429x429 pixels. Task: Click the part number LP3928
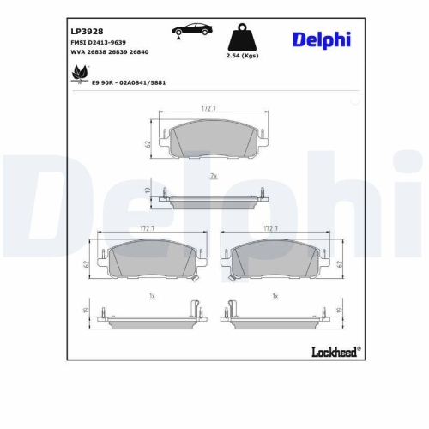coord(88,30)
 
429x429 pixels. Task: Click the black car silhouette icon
coord(194,29)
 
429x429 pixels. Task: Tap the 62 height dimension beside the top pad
coord(148,142)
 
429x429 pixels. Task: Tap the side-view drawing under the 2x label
coord(214,201)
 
